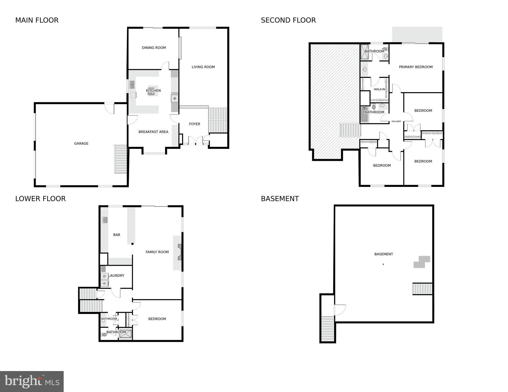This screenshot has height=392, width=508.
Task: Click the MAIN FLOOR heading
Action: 37,20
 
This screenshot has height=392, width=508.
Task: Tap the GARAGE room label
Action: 81,144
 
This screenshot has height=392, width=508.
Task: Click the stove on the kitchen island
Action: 151,93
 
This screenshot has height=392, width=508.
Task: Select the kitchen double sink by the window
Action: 132,85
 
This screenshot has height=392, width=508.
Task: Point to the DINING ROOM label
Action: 154,48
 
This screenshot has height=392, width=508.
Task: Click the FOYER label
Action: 194,124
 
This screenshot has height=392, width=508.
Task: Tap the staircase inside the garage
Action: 120,159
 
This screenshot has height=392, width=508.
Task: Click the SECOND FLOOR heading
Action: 288,20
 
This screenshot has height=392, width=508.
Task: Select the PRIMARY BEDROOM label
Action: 415,67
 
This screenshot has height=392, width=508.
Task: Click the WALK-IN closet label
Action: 379,89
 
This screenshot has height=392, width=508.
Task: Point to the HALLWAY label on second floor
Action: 396,121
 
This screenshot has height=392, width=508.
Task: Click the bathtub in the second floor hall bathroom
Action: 364,115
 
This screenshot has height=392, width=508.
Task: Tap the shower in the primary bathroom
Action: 364,52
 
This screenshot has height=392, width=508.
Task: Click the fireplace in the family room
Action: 180,252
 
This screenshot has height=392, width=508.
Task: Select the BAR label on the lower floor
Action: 117,235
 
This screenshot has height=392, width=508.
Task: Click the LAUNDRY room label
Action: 116,276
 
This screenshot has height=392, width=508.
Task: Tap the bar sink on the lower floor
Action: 105,220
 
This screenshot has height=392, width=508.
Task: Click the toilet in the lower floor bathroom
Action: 104,335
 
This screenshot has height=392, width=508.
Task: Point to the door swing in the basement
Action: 340,310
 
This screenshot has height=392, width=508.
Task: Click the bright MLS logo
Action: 32,381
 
